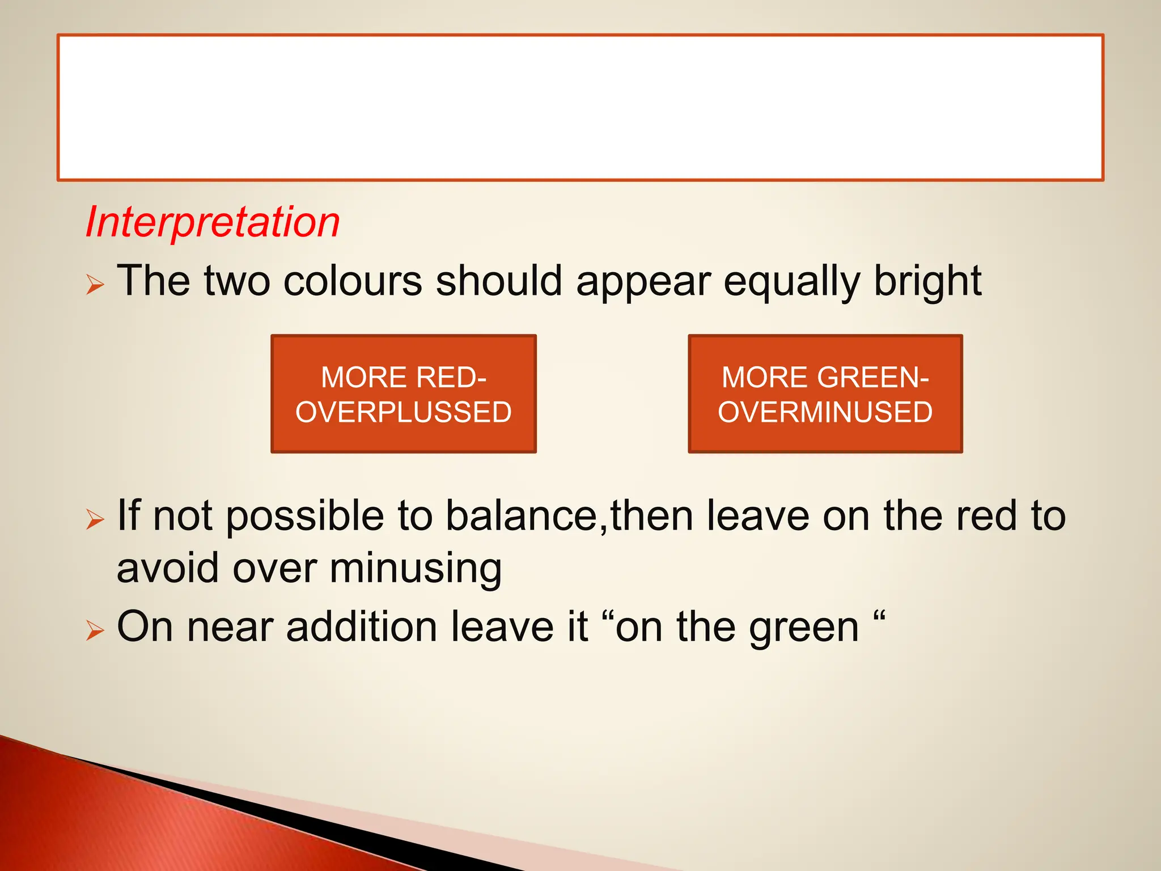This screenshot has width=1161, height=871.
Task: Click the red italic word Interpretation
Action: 213,222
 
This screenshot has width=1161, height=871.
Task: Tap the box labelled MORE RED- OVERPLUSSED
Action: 403,394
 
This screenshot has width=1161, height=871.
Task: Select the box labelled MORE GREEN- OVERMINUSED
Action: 825,394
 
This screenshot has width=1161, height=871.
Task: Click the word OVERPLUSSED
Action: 403,412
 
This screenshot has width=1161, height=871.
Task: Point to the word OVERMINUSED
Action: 825,412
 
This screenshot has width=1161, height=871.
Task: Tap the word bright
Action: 927,282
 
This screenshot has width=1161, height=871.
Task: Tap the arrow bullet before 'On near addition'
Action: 95,630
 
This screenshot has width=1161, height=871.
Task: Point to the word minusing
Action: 416,569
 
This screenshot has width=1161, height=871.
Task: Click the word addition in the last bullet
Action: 361,627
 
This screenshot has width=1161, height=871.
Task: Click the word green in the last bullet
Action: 804,628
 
